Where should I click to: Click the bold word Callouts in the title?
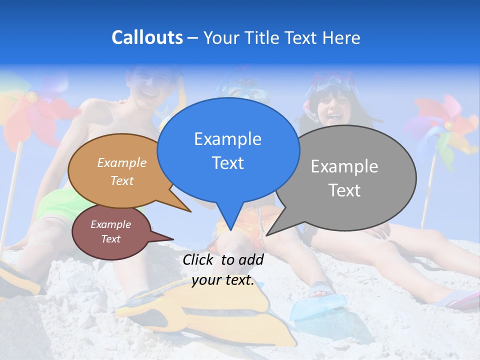147,37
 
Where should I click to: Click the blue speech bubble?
228,150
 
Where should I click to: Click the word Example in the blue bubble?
227,139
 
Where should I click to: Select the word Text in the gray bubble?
344,190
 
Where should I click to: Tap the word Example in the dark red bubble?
110,224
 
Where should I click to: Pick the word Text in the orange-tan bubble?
122,180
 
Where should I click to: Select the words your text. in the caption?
223,280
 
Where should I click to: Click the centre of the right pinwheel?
448,126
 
